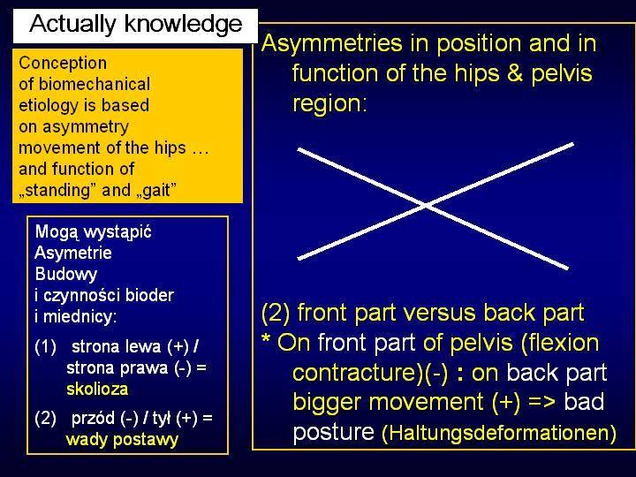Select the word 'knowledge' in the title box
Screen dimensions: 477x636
(x=185, y=25)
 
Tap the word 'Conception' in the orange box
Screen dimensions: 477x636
(x=63, y=64)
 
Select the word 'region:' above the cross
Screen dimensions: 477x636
(x=329, y=102)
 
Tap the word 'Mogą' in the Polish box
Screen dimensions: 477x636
(x=56, y=232)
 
